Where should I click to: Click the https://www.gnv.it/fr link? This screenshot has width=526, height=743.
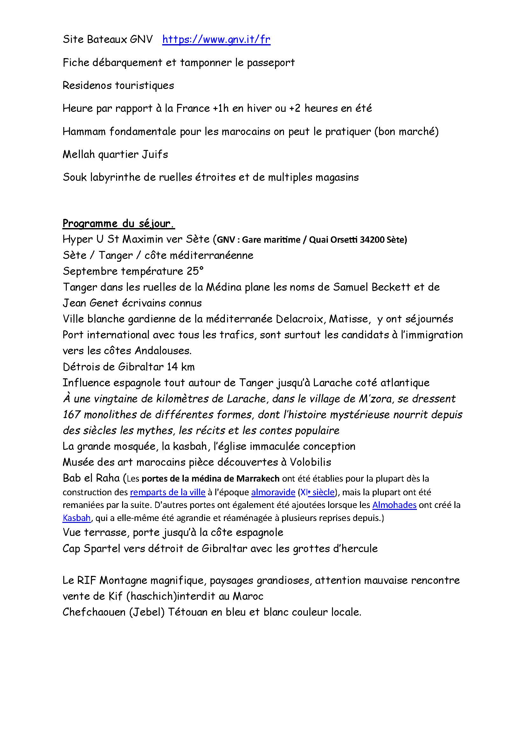pos(216,39)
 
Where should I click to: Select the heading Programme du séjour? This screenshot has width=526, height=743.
pos(119,224)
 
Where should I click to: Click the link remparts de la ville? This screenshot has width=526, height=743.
pos(168,492)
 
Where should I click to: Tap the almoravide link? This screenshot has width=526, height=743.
pos(273,492)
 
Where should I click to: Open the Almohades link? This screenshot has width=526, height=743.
pos(394,505)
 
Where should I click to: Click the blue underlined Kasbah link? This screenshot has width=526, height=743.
pos(76,518)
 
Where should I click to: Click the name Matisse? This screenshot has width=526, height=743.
pos(349,319)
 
